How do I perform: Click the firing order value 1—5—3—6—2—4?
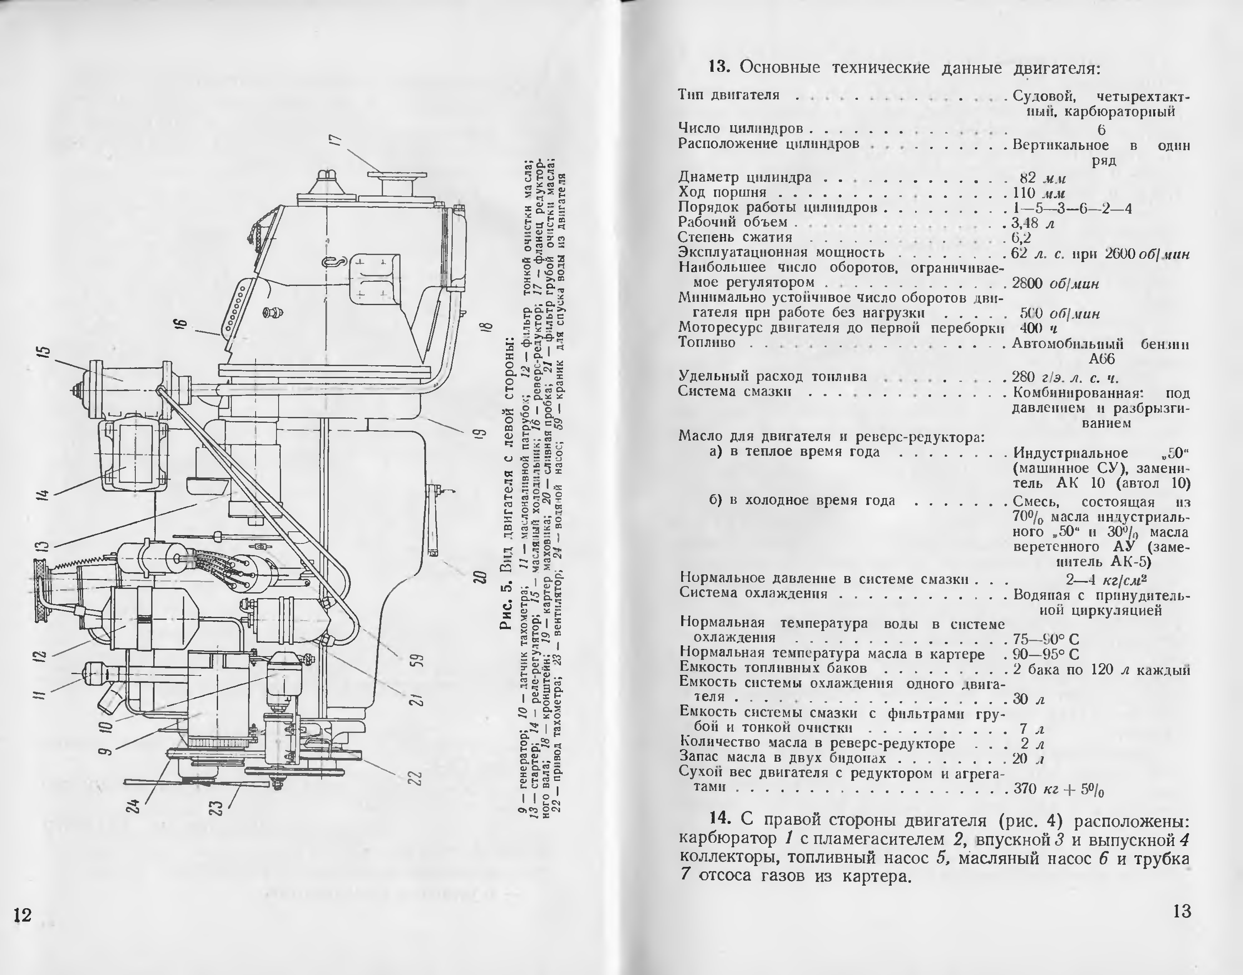tap(1072, 208)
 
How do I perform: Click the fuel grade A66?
tap(1101, 359)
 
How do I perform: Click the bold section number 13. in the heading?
tap(720, 67)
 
